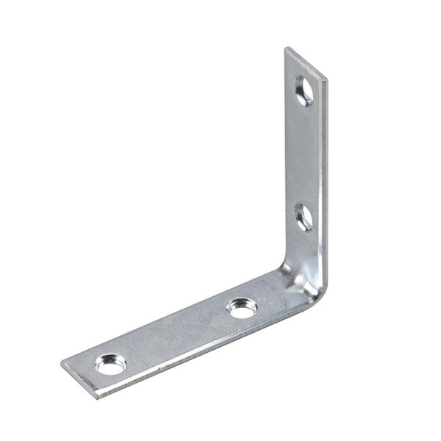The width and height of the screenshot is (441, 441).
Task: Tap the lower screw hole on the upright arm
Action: click(x=303, y=216)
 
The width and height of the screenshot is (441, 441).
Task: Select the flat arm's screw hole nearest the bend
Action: click(x=241, y=308)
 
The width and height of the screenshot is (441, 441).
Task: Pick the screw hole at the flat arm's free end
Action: click(x=110, y=363)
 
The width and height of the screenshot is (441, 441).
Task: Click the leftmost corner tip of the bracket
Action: click(x=62, y=364)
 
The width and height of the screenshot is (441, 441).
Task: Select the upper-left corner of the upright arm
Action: click(x=286, y=49)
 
